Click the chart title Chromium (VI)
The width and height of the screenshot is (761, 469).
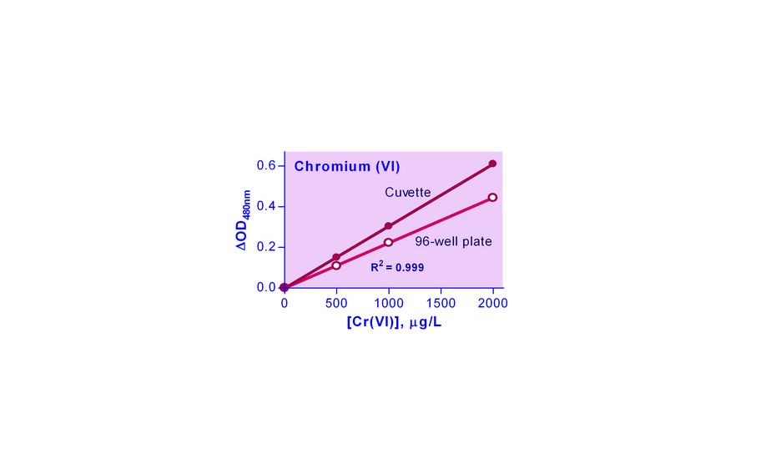click(346, 166)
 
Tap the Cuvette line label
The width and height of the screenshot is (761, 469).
click(407, 193)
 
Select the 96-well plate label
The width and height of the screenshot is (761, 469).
click(453, 242)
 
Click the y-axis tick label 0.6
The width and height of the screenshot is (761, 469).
click(266, 166)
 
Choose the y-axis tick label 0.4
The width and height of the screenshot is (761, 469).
click(266, 206)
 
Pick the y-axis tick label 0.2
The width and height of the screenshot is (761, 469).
click(266, 247)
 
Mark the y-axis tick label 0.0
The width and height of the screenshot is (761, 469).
click(266, 287)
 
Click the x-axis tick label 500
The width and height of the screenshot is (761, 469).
click(336, 303)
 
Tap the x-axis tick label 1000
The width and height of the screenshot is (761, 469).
click(388, 303)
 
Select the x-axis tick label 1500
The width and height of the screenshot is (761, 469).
click(441, 303)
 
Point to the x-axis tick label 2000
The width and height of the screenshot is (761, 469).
click(492, 303)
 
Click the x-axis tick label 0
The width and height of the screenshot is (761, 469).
click(285, 303)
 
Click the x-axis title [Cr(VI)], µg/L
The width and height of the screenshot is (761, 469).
click(394, 322)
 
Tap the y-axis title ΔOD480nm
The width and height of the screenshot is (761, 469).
click(244, 220)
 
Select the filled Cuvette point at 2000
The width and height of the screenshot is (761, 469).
click(492, 164)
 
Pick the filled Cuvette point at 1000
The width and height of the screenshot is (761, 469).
click(388, 226)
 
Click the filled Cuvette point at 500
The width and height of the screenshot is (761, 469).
click(336, 257)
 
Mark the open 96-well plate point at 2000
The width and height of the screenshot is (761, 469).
click(492, 198)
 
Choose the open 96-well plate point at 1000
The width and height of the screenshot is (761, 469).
click(388, 243)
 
